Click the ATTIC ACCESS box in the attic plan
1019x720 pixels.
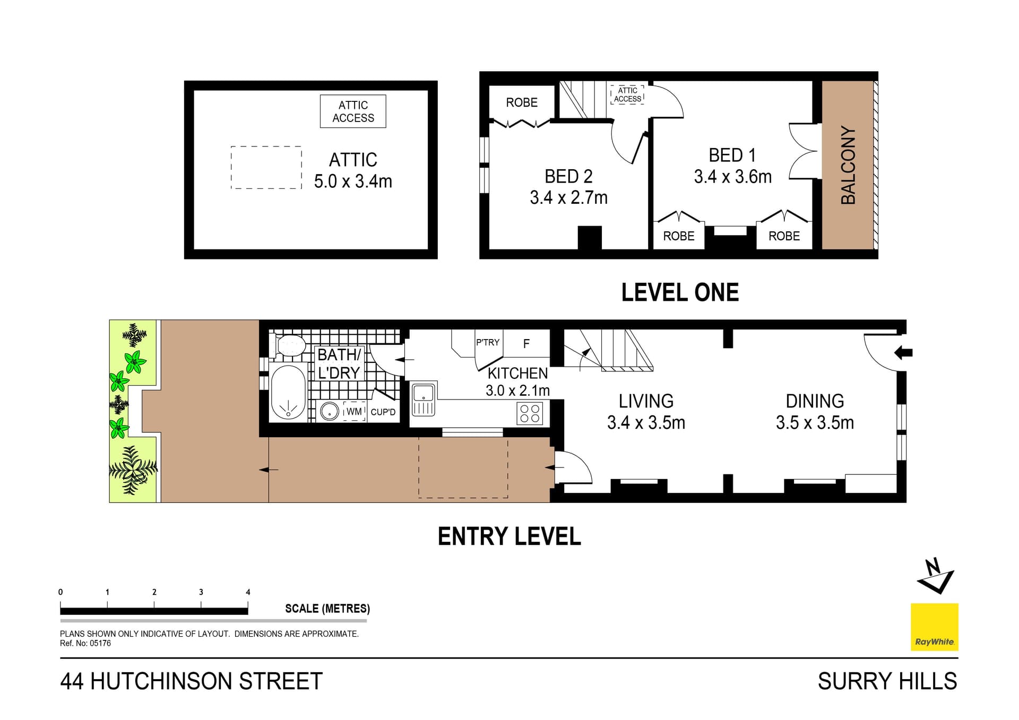353,111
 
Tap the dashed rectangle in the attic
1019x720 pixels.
266,168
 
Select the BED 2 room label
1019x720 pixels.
568,176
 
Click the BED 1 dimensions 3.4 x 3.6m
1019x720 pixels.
732,177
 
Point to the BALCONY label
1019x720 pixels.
848,165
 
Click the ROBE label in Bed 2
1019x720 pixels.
522,102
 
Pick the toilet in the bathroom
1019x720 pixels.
289,345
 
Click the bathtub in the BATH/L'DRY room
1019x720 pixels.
288,393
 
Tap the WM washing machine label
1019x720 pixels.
354,411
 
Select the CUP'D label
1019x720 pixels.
383,412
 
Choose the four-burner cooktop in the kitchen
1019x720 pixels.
530,413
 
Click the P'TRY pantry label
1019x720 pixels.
487,343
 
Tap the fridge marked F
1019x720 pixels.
526,344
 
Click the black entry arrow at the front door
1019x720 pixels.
903,352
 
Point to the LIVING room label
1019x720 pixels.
646,401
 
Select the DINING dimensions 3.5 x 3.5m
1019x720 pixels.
815,423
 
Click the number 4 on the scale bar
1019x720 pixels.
248,592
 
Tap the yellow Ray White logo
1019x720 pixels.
934,627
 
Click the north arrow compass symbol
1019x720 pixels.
935,576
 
